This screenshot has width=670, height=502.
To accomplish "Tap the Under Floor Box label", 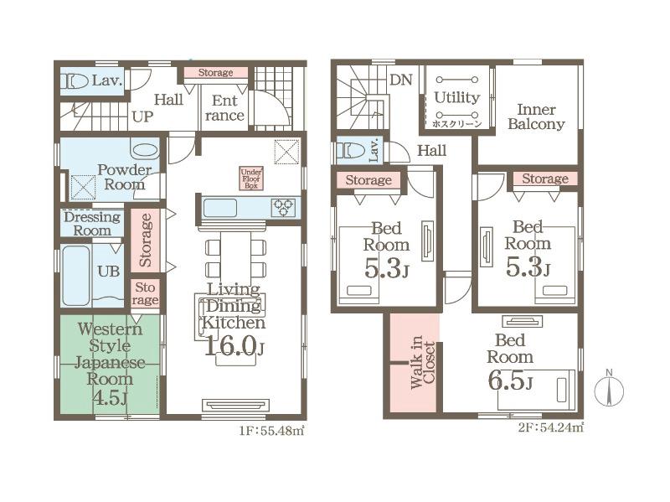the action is coord(251,179).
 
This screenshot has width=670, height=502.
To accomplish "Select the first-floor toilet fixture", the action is coord(75,81).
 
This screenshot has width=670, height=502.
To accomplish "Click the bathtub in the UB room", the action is coord(76,276).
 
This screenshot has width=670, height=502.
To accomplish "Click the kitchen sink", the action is coord(220,208).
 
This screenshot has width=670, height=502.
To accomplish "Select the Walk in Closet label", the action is coord(422,362).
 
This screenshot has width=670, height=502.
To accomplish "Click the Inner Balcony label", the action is coord(536,116).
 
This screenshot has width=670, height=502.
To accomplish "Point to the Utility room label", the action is coord(456,97).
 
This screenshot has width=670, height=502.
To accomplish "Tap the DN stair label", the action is coord(401,80).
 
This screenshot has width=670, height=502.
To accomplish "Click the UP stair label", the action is coord(142,116).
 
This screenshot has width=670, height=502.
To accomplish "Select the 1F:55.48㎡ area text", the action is coord(271,431).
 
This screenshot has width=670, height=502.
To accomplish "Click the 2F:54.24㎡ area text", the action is coord(551,427).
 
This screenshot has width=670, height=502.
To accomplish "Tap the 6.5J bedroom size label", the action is coord(510,380).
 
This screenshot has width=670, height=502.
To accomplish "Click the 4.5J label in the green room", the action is coord(110,397).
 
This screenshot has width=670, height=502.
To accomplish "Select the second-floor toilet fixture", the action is coord(350,151).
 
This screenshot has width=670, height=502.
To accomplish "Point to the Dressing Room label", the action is coord(92,224).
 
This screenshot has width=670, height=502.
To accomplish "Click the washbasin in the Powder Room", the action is coord(145,151).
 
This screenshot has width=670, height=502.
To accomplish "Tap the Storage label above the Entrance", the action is coord(216,73).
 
